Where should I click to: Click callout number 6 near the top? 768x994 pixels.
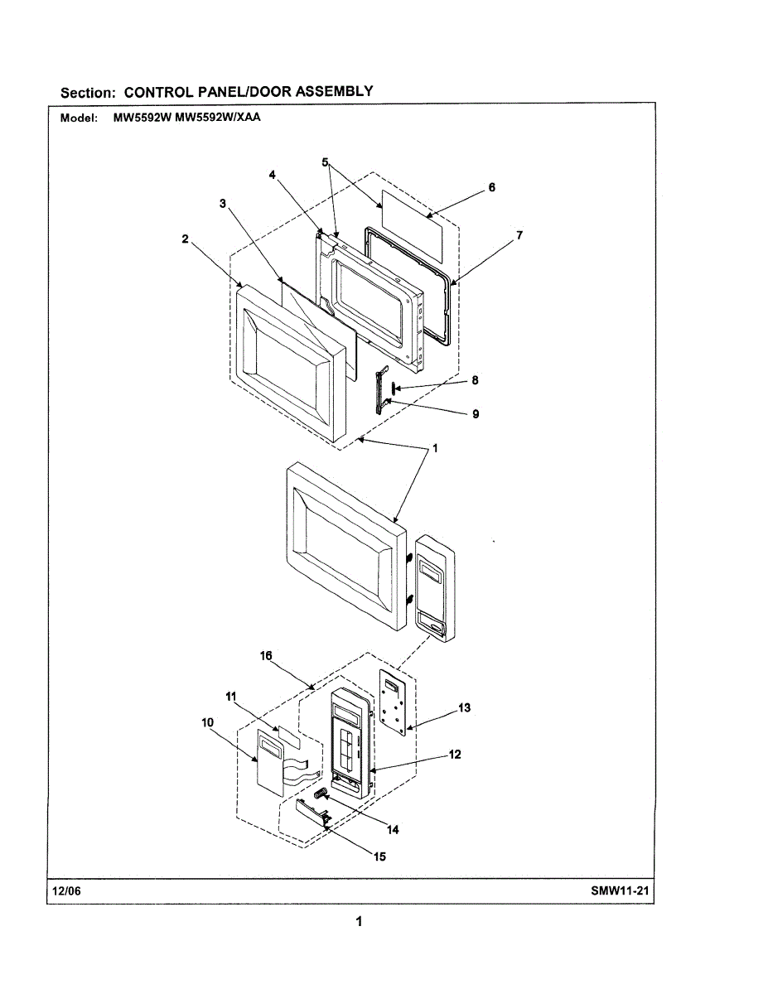coord(491,188)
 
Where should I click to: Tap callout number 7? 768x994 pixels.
coord(519,235)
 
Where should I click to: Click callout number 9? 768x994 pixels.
coord(476,414)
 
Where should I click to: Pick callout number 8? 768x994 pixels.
coord(475,381)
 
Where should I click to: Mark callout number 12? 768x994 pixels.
coord(455,754)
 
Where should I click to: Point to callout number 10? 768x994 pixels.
coord(206,721)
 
